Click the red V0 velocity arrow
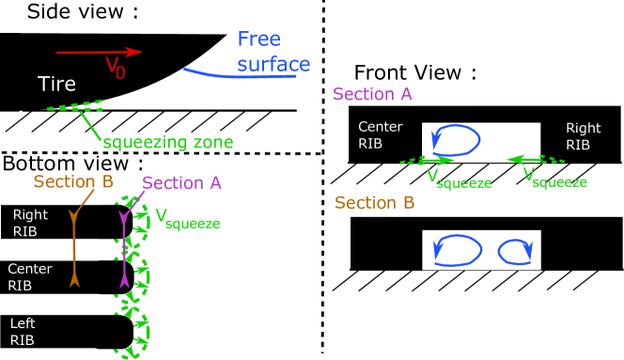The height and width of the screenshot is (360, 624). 99,52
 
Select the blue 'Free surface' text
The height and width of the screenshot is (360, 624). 273,53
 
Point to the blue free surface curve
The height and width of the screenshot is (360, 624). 240,75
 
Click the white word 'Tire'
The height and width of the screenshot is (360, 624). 56,85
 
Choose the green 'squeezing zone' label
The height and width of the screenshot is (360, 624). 167,143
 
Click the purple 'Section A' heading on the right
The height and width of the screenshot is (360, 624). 372,95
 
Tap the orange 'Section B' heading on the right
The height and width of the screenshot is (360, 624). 375,203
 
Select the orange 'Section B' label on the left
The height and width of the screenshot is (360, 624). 73,181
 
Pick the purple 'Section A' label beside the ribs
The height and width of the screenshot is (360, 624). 181,183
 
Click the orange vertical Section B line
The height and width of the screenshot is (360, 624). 74,249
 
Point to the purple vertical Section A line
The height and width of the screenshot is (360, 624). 123,249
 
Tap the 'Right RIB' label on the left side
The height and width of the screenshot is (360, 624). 30,222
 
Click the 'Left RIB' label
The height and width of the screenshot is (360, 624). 23,332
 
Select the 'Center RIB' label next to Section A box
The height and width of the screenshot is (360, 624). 380,135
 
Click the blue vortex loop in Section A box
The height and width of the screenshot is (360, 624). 455,140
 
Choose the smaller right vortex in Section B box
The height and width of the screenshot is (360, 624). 514,252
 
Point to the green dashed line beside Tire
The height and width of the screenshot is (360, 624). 75,107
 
